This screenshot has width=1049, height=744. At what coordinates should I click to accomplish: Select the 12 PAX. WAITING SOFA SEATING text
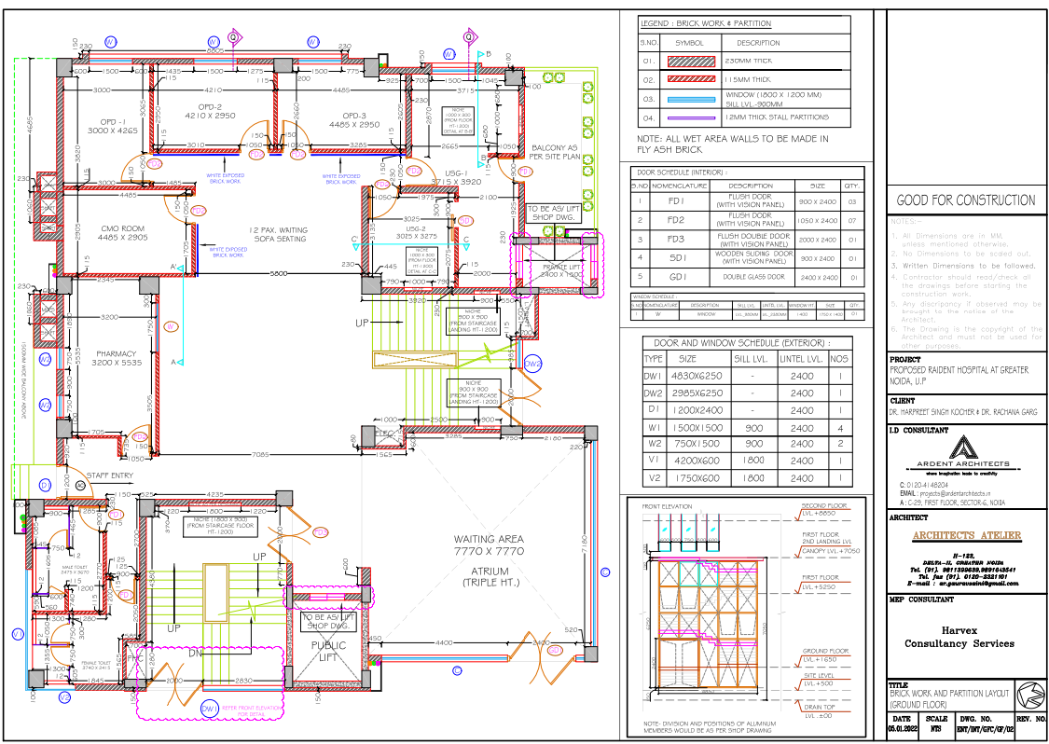277,234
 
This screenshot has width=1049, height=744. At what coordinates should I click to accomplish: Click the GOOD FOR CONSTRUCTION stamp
965,200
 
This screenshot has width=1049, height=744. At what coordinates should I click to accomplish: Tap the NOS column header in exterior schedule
840,359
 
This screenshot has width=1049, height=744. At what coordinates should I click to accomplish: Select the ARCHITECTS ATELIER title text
965,535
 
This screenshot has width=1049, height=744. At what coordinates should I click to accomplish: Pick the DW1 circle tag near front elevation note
211,709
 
